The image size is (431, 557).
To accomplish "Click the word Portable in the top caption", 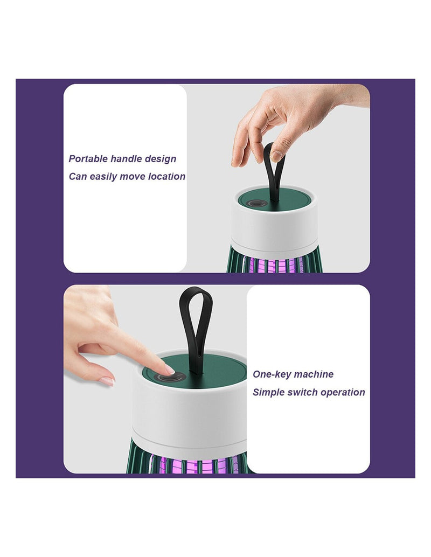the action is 88,158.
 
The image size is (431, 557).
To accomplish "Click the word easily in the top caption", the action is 103,177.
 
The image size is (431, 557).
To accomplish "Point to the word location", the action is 166,176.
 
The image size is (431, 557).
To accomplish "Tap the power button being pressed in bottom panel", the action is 171,377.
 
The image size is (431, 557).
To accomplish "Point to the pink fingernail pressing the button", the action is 170,370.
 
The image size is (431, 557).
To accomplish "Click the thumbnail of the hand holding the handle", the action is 276,155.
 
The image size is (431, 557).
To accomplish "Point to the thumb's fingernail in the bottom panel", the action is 107,382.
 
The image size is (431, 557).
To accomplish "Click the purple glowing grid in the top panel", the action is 273,264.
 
